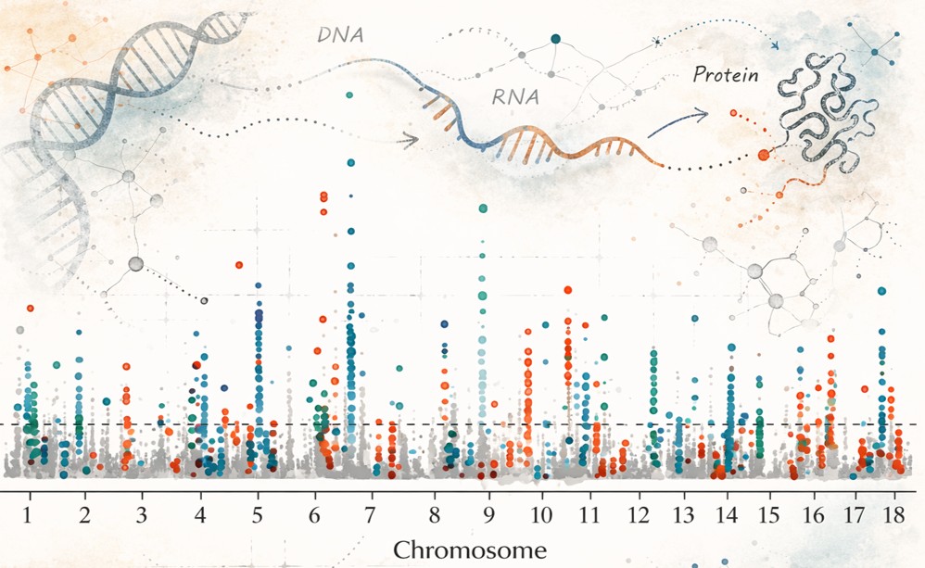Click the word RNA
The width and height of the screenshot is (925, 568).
(x=515, y=96)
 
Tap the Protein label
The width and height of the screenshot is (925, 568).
(x=725, y=76)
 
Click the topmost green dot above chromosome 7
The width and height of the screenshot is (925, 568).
(x=349, y=95)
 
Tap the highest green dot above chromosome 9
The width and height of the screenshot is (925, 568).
(x=482, y=208)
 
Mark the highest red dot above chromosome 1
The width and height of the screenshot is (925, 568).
(x=30, y=308)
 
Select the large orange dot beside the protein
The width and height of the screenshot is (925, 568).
(x=764, y=156)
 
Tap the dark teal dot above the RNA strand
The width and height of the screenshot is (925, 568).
(x=555, y=39)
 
